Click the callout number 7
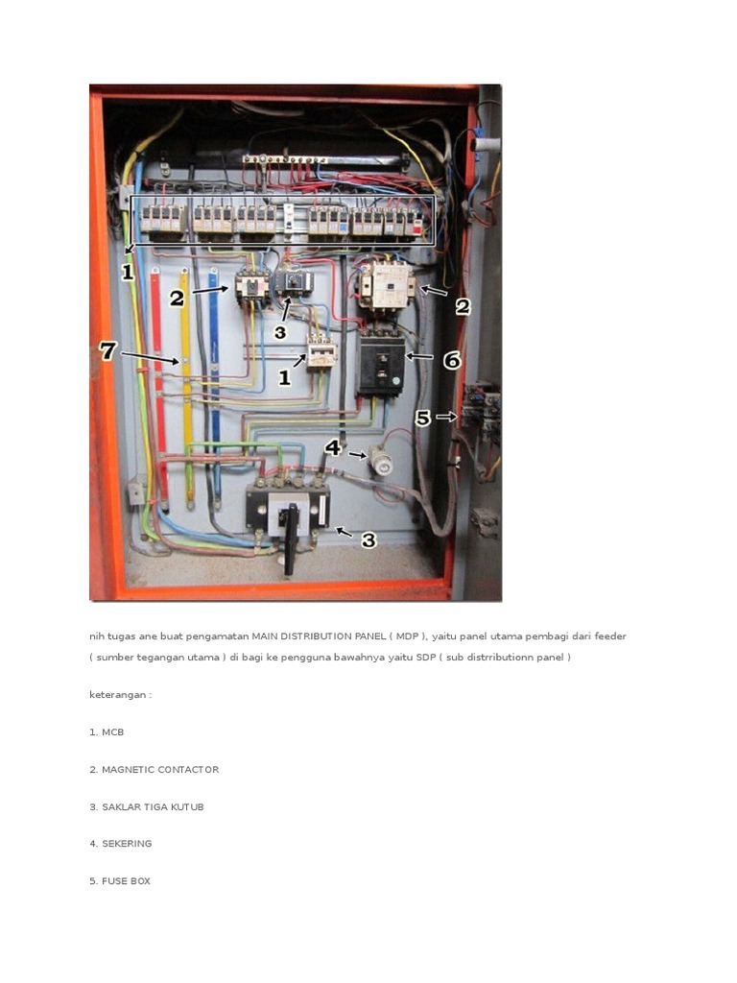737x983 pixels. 107,351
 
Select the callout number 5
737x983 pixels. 422,419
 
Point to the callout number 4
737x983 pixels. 332,447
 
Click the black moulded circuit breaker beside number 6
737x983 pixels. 379,366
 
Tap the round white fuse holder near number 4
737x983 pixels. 381,466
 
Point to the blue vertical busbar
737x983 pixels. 215,384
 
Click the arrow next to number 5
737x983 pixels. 446,418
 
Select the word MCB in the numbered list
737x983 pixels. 112,732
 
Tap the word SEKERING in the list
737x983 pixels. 127,844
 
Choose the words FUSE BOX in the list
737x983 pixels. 126,881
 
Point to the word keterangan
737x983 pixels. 118,695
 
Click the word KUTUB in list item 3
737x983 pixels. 187,807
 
